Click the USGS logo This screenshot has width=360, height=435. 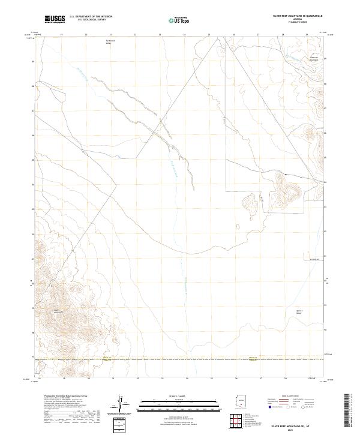[55, 20]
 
